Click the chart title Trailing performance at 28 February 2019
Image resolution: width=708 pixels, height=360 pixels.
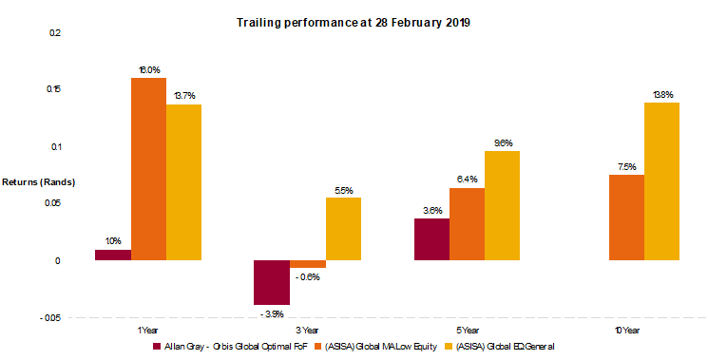click(353, 21)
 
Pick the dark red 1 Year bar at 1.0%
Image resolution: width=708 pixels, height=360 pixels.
click(113, 255)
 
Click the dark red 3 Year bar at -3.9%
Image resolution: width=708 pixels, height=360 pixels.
click(272, 282)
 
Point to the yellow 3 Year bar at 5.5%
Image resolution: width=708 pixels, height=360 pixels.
click(343, 229)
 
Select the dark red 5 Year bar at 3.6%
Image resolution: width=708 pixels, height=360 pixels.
click(431, 239)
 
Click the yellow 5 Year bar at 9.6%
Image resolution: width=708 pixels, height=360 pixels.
click(503, 205)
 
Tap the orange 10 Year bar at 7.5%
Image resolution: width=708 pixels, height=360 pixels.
click(626, 218)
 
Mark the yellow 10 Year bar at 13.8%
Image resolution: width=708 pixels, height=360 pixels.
click(662, 181)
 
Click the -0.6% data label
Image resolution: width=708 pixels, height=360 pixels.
click(309, 277)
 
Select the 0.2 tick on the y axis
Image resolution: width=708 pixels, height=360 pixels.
click(54, 32)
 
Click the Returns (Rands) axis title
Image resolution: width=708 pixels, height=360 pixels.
click(37, 181)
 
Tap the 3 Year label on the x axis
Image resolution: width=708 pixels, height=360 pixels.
click(307, 330)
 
